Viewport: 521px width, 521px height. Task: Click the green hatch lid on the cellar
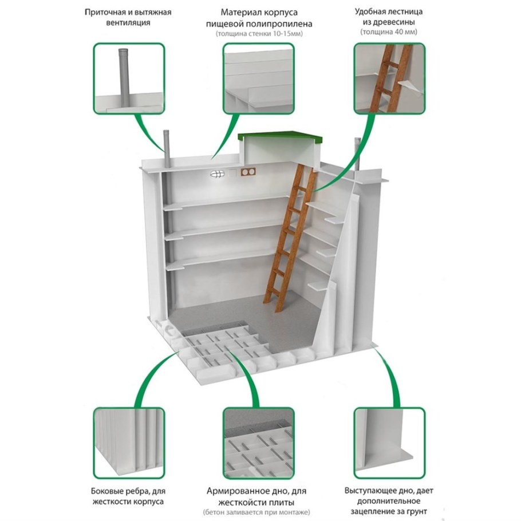[281, 137]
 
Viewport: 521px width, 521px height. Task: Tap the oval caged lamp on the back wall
[217, 174]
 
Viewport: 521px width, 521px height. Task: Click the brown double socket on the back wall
[248, 172]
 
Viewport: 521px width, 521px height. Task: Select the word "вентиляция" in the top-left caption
[128, 23]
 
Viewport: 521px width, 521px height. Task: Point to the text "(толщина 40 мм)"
[389, 32]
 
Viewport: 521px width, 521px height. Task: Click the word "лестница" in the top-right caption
[404, 12]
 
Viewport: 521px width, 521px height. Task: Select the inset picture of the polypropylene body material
[259, 78]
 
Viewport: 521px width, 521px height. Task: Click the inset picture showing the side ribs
[129, 443]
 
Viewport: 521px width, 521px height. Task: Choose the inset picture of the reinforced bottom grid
[259, 443]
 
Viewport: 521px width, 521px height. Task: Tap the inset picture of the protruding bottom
[389, 443]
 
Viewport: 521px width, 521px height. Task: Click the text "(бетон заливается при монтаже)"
[256, 512]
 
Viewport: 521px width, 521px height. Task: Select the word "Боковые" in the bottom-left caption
[106, 491]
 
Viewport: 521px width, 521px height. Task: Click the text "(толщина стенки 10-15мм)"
[259, 34]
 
